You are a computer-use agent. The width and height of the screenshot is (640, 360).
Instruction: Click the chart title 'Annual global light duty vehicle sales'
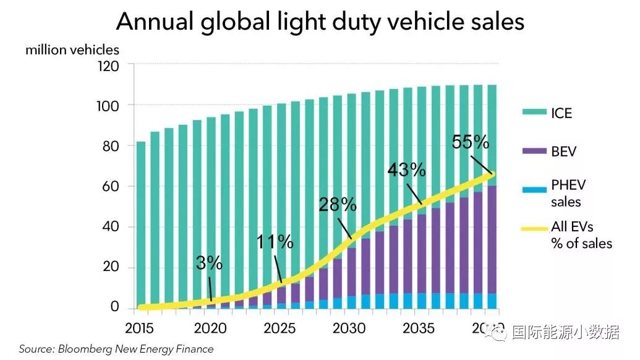click(320, 22)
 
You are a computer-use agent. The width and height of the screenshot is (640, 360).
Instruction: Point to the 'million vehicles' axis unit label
click(72, 49)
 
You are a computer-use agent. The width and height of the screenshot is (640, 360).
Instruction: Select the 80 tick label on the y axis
click(113, 146)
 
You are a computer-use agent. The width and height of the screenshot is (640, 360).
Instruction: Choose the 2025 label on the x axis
click(280, 327)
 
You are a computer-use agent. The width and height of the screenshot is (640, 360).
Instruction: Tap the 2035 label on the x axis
click(419, 327)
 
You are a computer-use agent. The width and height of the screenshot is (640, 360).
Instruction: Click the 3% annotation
click(209, 263)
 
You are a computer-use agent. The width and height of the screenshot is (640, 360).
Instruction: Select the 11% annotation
click(275, 242)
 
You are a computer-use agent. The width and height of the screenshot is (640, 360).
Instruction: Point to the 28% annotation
click(338, 205)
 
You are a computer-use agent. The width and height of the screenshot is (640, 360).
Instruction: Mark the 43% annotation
click(406, 170)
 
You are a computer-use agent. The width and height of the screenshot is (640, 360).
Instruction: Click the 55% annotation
click(470, 142)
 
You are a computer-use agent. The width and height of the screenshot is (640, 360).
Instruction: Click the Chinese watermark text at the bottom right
click(565, 333)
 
